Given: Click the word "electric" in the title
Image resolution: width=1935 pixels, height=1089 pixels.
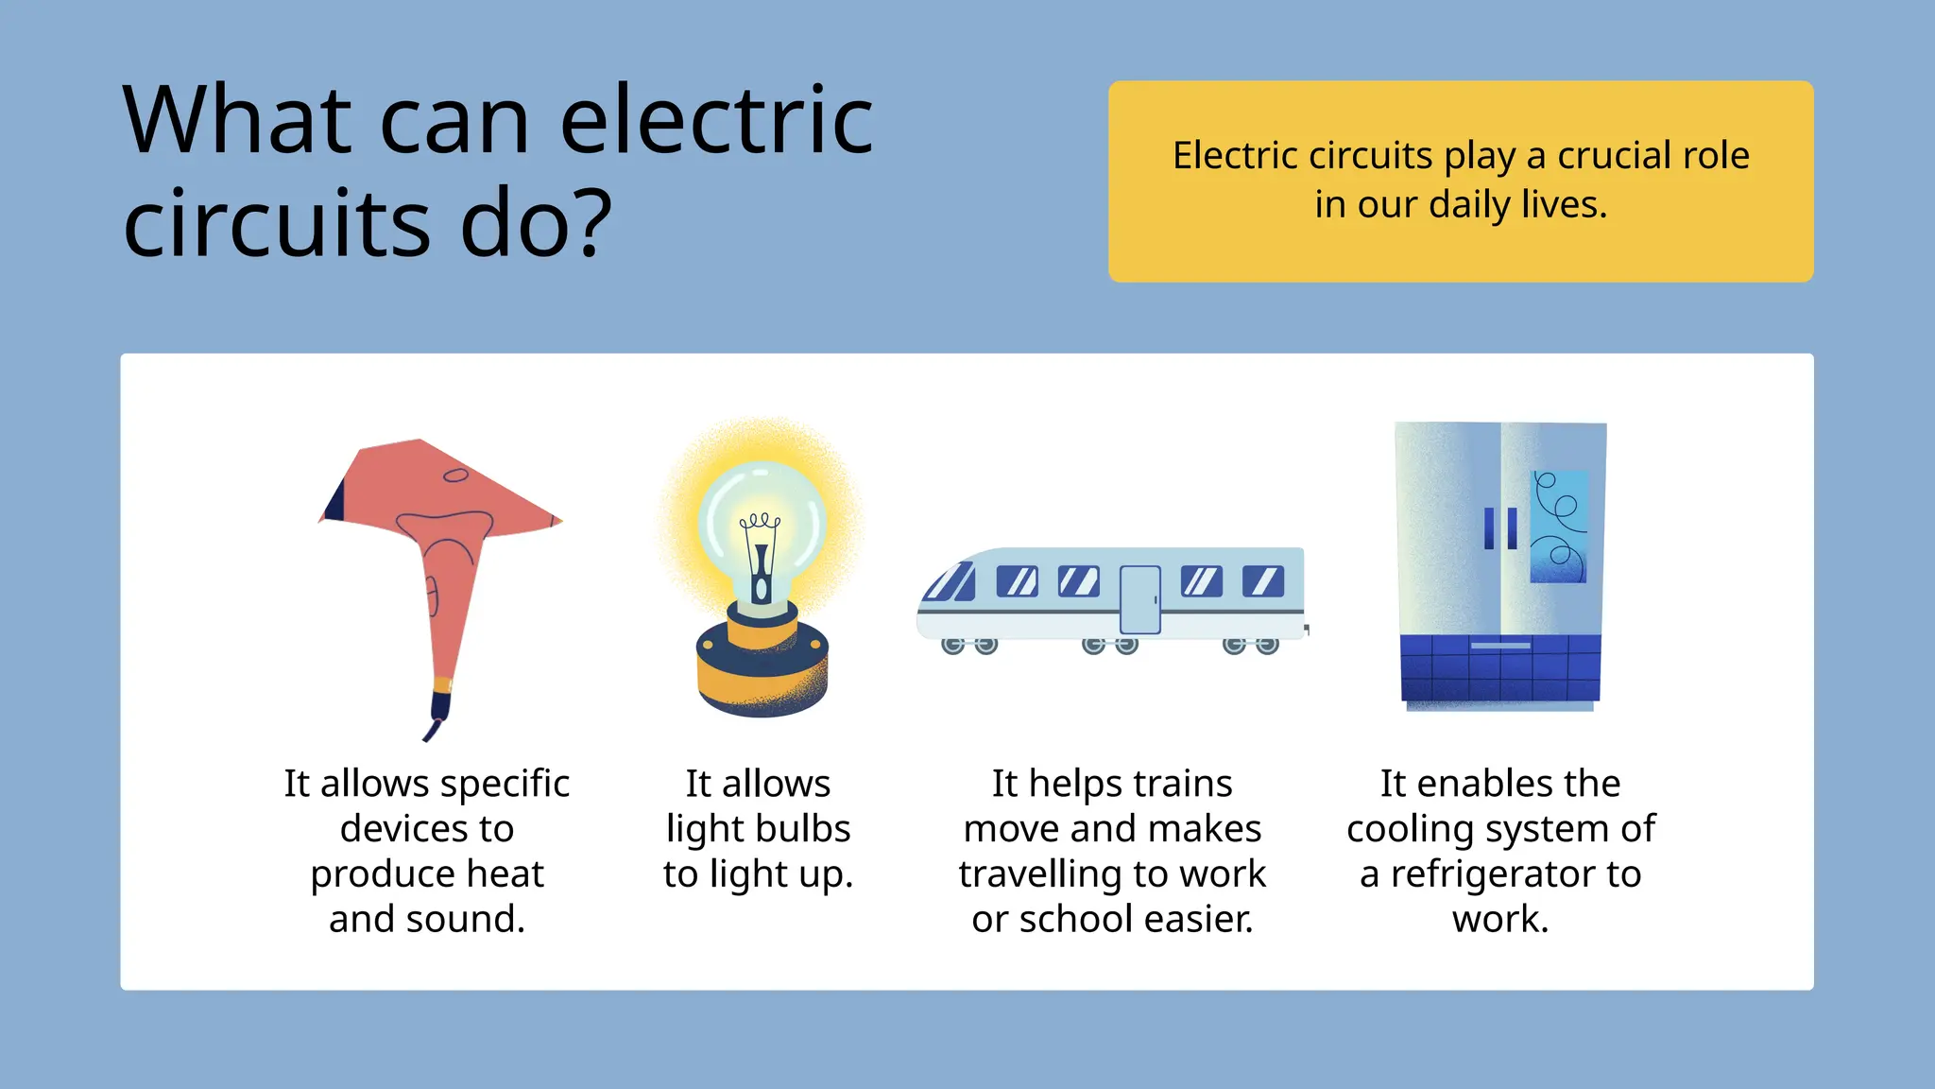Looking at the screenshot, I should [x=716, y=121].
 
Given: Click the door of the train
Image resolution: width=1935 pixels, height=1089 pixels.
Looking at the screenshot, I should [x=1139, y=599].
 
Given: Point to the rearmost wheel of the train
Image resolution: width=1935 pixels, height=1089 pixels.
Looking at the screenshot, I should [x=1267, y=646].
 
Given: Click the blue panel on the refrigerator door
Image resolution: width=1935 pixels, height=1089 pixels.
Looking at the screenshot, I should [x=1558, y=526].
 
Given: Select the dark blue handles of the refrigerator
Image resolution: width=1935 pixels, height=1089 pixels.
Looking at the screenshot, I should [x=1500, y=528].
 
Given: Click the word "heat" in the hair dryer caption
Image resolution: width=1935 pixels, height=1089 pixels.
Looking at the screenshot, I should [x=505, y=874].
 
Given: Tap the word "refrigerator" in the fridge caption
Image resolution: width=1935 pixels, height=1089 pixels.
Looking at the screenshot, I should [x=1515, y=874].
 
